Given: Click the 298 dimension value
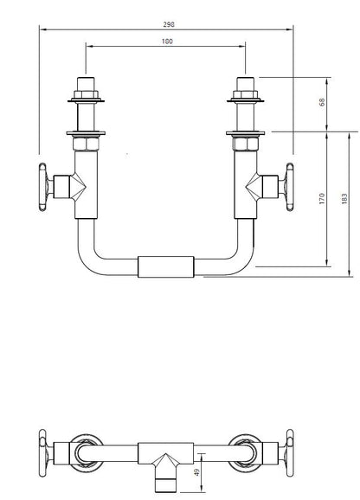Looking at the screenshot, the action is pyautogui.click(x=169, y=24).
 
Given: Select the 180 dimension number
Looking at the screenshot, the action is pyautogui.click(x=167, y=42).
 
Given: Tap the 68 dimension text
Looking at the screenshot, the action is pyautogui.click(x=322, y=102).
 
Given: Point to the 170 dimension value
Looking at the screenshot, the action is pyautogui.click(x=322, y=198).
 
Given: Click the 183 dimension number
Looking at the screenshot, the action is pyautogui.click(x=344, y=198).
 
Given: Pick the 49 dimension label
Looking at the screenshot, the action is pyautogui.click(x=197, y=472).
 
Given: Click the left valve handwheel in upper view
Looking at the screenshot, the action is pyautogui.click(x=42, y=187).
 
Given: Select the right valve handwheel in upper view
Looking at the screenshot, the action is pyautogui.click(x=290, y=187).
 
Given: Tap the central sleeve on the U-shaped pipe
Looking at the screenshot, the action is pyautogui.click(x=166, y=266).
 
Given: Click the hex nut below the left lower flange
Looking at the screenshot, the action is pyautogui.click(x=86, y=144).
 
